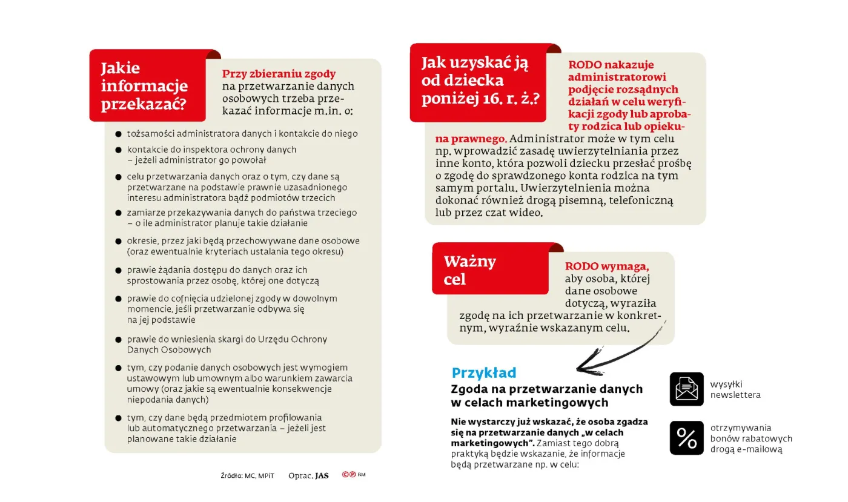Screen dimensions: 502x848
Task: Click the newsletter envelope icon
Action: pyautogui.click(x=686, y=389)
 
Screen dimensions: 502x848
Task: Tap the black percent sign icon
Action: pyautogui.click(x=686, y=438)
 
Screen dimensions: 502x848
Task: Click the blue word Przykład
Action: pyautogui.click(x=483, y=373)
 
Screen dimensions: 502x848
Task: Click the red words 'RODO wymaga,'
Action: pyautogui.click(x=607, y=266)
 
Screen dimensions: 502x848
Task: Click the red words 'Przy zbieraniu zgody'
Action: pyautogui.click(x=279, y=74)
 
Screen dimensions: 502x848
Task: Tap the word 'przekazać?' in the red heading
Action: pyautogui.click(x=143, y=104)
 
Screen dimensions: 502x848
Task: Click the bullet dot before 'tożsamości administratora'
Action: pyautogui.click(x=119, y=134)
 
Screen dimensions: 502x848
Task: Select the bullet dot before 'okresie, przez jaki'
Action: pyautogui.click(x=119, y=241)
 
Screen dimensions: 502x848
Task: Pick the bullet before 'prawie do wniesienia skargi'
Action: pyautogui.click(x=119, y=340)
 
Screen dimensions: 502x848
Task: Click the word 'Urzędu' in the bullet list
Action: pyautogui.click(x=274, y=339)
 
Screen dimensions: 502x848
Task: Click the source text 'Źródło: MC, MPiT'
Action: pyautogui.click(x=247, y=476)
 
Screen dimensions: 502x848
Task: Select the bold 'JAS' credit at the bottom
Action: pyautogui.click(x=322, y=476)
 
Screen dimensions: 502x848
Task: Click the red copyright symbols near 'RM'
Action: pyautogui.click(x=348, y=475)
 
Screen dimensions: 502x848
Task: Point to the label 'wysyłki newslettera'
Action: pyautogui.click(x=735, y=389)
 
